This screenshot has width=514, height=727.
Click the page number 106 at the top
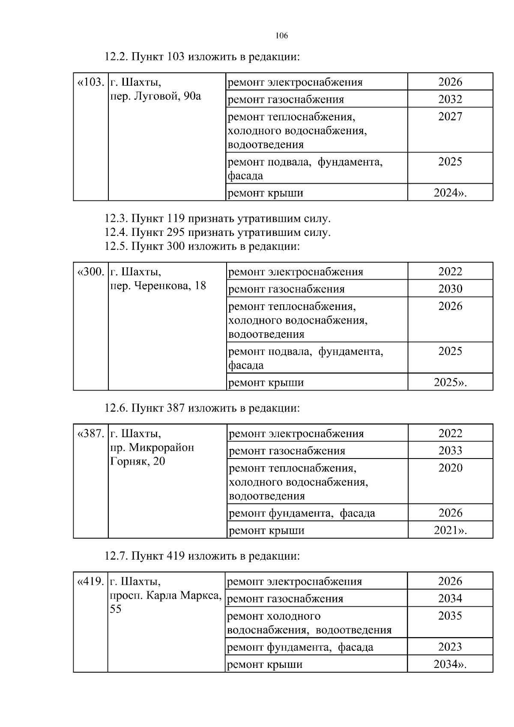click(x=282, y=36)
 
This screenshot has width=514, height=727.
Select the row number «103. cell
click(x=90, y=82)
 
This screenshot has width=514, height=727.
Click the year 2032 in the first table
click(x=450, y=99)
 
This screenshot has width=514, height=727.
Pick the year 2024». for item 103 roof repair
click(x=450, y=193)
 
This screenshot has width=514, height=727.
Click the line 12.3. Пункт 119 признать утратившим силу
click(x=218, y=219)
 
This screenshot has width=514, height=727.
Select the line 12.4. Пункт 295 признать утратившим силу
click(x=218, y=232)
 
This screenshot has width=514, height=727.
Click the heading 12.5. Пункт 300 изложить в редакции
click(x=202, y=246)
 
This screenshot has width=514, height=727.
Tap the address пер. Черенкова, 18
click(x=158, y=286)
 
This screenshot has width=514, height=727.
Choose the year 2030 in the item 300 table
click(x=450, y=289)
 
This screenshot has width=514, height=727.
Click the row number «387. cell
click(x=90, y=434)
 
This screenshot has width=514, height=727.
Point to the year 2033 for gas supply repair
click(x=450, y=451)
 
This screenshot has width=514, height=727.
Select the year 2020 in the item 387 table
click(x=450, y=468)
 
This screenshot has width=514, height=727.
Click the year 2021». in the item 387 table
click(x=450, y=530)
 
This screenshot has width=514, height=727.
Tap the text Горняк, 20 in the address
click(x=137, y=462)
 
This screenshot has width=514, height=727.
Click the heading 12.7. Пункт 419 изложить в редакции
click(x=202, y=556)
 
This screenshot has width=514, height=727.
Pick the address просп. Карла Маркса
click(x=166, y=596)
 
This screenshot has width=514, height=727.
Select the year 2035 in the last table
click(x=450, y=616)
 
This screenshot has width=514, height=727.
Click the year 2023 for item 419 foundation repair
click(x=450, y=647)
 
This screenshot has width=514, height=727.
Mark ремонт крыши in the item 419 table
click(x=264, y=664)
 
